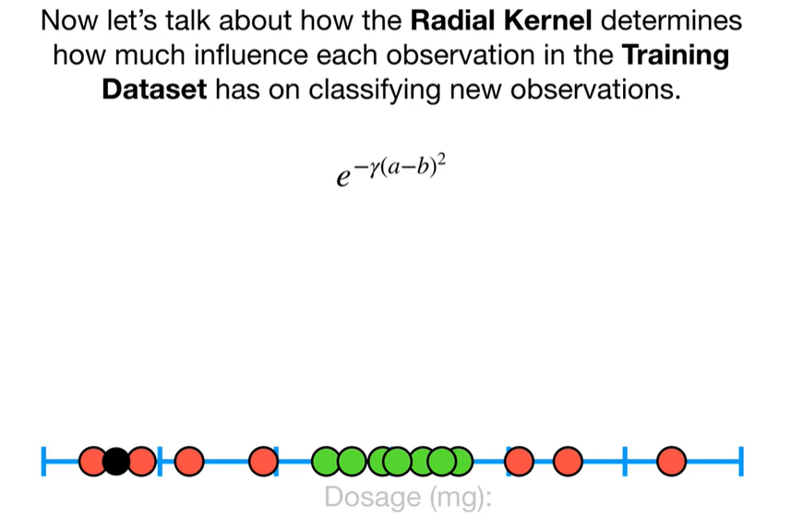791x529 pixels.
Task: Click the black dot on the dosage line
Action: pyautogui.click(x=116, y=462)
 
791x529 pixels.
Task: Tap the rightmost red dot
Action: pyautogui.click(x=671, y=462)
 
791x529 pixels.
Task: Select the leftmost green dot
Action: pyautogui.click(x=326, y=462)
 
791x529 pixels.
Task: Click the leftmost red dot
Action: pyautogui.click(x=93, y=462)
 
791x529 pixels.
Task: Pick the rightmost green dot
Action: pyautogui.click(x=460, y=462)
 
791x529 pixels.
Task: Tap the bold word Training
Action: pyautogui.click(x=676, y=55)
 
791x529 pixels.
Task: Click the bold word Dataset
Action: pyautogui.click(x=154, y=90)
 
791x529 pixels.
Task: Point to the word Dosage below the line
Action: pyautogui.click(x=373, y=498)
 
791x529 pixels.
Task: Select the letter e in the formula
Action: pyautogui.click(x=343, y=176)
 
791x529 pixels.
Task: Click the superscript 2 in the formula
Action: pyautogui.click(x=442, y=162)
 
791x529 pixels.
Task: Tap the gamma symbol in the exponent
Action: pyautogui.click(x=374, y=169)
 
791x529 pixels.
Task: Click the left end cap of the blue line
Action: pyautogui.click(x=44, y=462)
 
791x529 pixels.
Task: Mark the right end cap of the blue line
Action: pyautogui.click(x=741, y=462)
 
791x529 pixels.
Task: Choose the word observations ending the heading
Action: pyautogui.click(x=595, y=90)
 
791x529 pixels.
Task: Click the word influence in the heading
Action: pyautogui.click(x=251, y=55)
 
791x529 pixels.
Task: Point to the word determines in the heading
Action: pyautogui.click(x=671, y=21)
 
